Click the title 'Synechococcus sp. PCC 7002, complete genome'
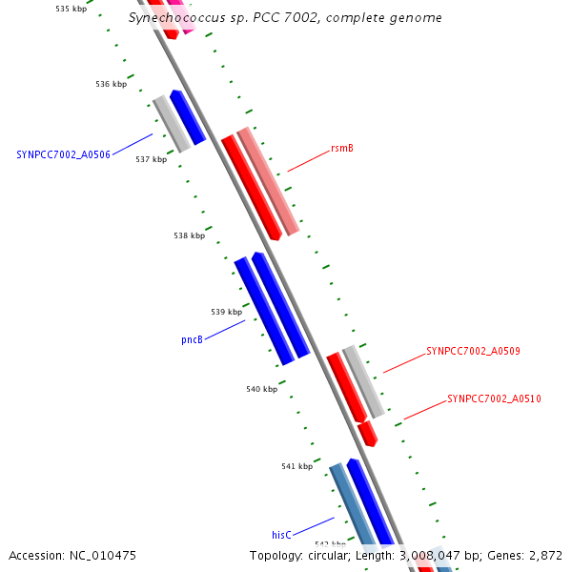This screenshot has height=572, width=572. (285, 18)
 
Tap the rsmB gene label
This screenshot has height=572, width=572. (342, 148)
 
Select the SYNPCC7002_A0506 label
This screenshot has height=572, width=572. (63, 154)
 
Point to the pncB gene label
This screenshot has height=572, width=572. (192, 338)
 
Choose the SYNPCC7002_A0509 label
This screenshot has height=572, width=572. (473, 351)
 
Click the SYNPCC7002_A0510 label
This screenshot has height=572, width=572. (494, 398)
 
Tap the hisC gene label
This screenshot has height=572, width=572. (281, 535)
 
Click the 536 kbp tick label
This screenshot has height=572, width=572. (112, 84)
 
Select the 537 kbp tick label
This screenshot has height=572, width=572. (151, 159)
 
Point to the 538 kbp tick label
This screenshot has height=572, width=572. (189, 235)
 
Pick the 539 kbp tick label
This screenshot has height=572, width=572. (227, 312)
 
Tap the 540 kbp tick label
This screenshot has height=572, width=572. (261, 389)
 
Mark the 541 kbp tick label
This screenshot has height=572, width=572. (296, 466)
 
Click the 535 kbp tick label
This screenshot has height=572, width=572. (71, 9)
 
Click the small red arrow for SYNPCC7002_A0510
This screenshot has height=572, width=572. (368, 435)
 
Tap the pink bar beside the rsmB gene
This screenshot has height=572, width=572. (268, 180)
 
